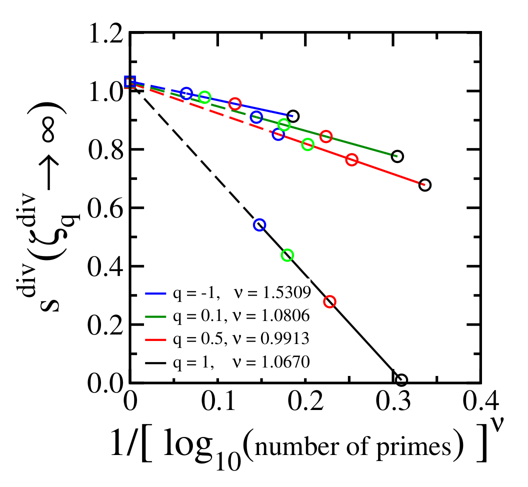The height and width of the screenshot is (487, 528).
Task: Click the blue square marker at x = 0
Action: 129,82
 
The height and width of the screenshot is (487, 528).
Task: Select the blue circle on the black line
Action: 259,225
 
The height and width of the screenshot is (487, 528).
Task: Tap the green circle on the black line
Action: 287,255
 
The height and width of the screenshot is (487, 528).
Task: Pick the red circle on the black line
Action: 329,302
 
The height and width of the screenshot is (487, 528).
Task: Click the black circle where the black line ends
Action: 401,380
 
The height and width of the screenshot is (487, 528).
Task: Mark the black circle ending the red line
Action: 424,185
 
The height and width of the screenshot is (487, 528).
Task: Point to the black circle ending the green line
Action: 397,156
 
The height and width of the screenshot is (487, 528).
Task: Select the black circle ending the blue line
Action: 293,116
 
